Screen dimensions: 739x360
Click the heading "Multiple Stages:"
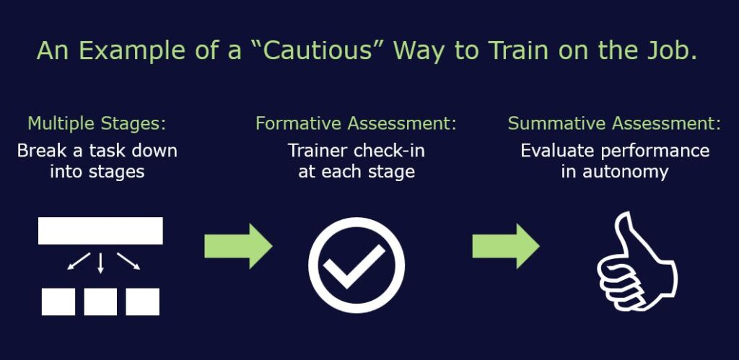pyautogui.click(x=97, y=123)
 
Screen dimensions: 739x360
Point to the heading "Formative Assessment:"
pyautogui.click(x=356, y=123)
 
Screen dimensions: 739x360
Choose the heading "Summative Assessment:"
pyautogui.click(x=614, y=123)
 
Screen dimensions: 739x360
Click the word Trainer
pyautogui.click(x=318, y=151)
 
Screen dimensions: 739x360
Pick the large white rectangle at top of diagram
pyautogui.click(x=100, y=231)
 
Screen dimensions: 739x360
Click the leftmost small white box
pyautogui.click(x=58, y=302)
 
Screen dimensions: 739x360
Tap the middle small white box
pyautogui.click(x=100, y=302)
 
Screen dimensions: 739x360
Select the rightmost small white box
pyautogui.click(x=142, y=302)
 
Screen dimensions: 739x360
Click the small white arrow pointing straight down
pyautogui.click(x=100, y=263)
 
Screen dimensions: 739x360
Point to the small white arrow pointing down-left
pyautogui.click(x=79, y=261)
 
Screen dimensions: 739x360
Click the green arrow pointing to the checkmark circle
pyautogui.click(x=238, y=247)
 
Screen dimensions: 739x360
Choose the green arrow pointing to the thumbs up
pyautogui.click(x=506, y=247)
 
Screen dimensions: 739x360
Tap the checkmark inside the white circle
pyautogui.click(x=354, y=267)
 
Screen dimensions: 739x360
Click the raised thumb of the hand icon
pyautogui.click(x=625, y=236)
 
